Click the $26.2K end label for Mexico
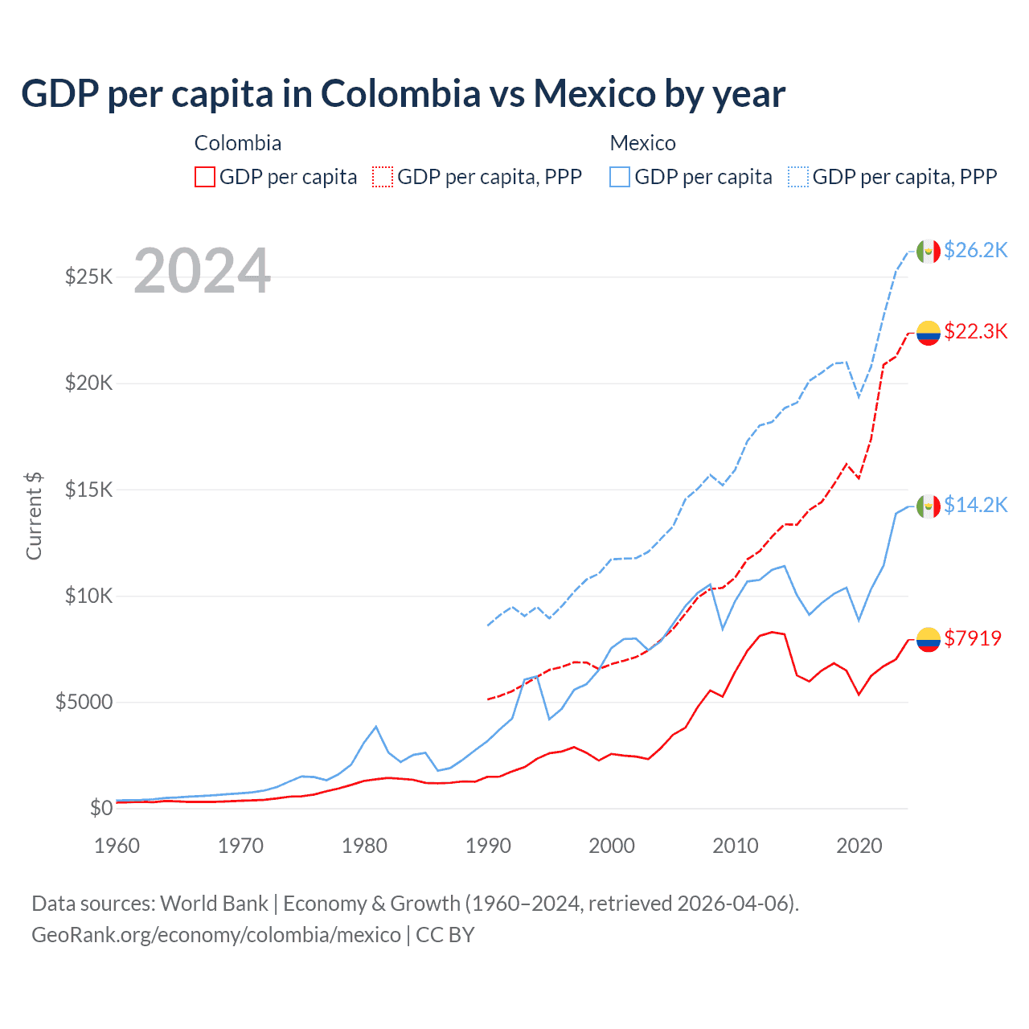975,250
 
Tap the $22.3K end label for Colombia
975,331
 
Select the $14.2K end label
975,505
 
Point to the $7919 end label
973,638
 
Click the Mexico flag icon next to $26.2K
929,252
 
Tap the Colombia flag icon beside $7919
929,640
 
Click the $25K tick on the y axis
88,277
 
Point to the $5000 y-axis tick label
84,703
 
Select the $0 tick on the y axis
100,808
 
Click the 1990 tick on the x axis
488,846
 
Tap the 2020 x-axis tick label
859,846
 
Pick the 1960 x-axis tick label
117,846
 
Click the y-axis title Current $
34,516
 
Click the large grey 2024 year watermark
202,271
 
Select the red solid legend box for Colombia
205,177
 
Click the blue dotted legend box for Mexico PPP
798,177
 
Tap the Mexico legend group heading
642,143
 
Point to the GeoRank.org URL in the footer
215,935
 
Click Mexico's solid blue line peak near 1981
375,727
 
